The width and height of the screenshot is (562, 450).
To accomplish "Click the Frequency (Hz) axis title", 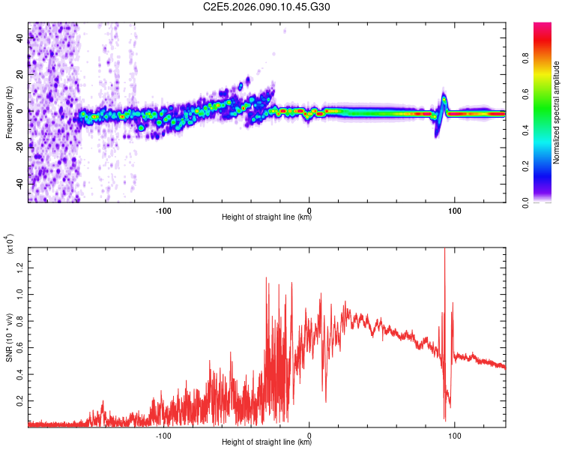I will pos(8,112).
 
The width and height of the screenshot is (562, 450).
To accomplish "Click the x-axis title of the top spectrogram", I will pos(267,217).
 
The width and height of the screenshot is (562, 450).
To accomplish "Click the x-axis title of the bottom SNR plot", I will pos(267,442).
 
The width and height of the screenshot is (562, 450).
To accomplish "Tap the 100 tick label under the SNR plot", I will pos(455,434).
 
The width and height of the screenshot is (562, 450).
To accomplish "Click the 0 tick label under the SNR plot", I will pos(309,434).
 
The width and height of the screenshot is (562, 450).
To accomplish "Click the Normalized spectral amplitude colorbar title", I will pos(557,112).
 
